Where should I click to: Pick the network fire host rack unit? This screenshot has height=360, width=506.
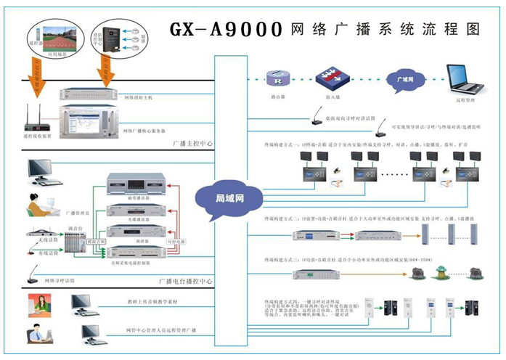point(95,94)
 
